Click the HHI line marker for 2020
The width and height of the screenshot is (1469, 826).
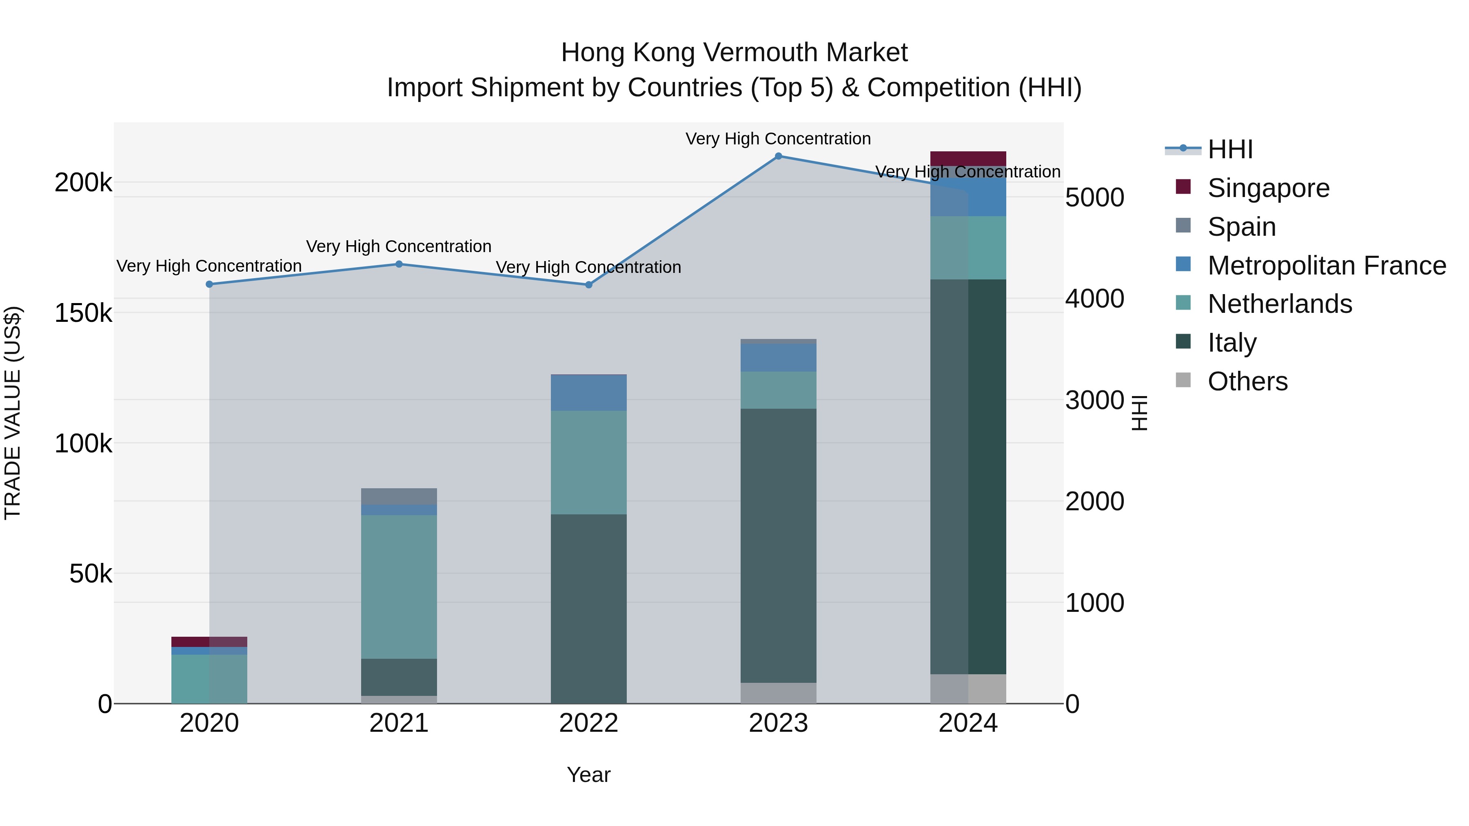209,284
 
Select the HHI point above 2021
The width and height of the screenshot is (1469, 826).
399,264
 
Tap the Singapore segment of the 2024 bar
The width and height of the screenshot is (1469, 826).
968,159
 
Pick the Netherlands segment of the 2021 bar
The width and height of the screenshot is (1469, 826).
399,587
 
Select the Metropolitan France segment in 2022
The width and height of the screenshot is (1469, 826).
588,393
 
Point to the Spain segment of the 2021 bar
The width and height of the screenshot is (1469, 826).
399,496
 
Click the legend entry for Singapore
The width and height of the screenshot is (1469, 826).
1268,188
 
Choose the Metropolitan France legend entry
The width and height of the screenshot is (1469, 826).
1327,265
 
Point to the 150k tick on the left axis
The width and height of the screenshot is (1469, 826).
83,313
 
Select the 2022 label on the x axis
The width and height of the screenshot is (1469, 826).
588,723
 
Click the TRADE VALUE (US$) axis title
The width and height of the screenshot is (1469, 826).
13,413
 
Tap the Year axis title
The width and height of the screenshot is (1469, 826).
588,775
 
